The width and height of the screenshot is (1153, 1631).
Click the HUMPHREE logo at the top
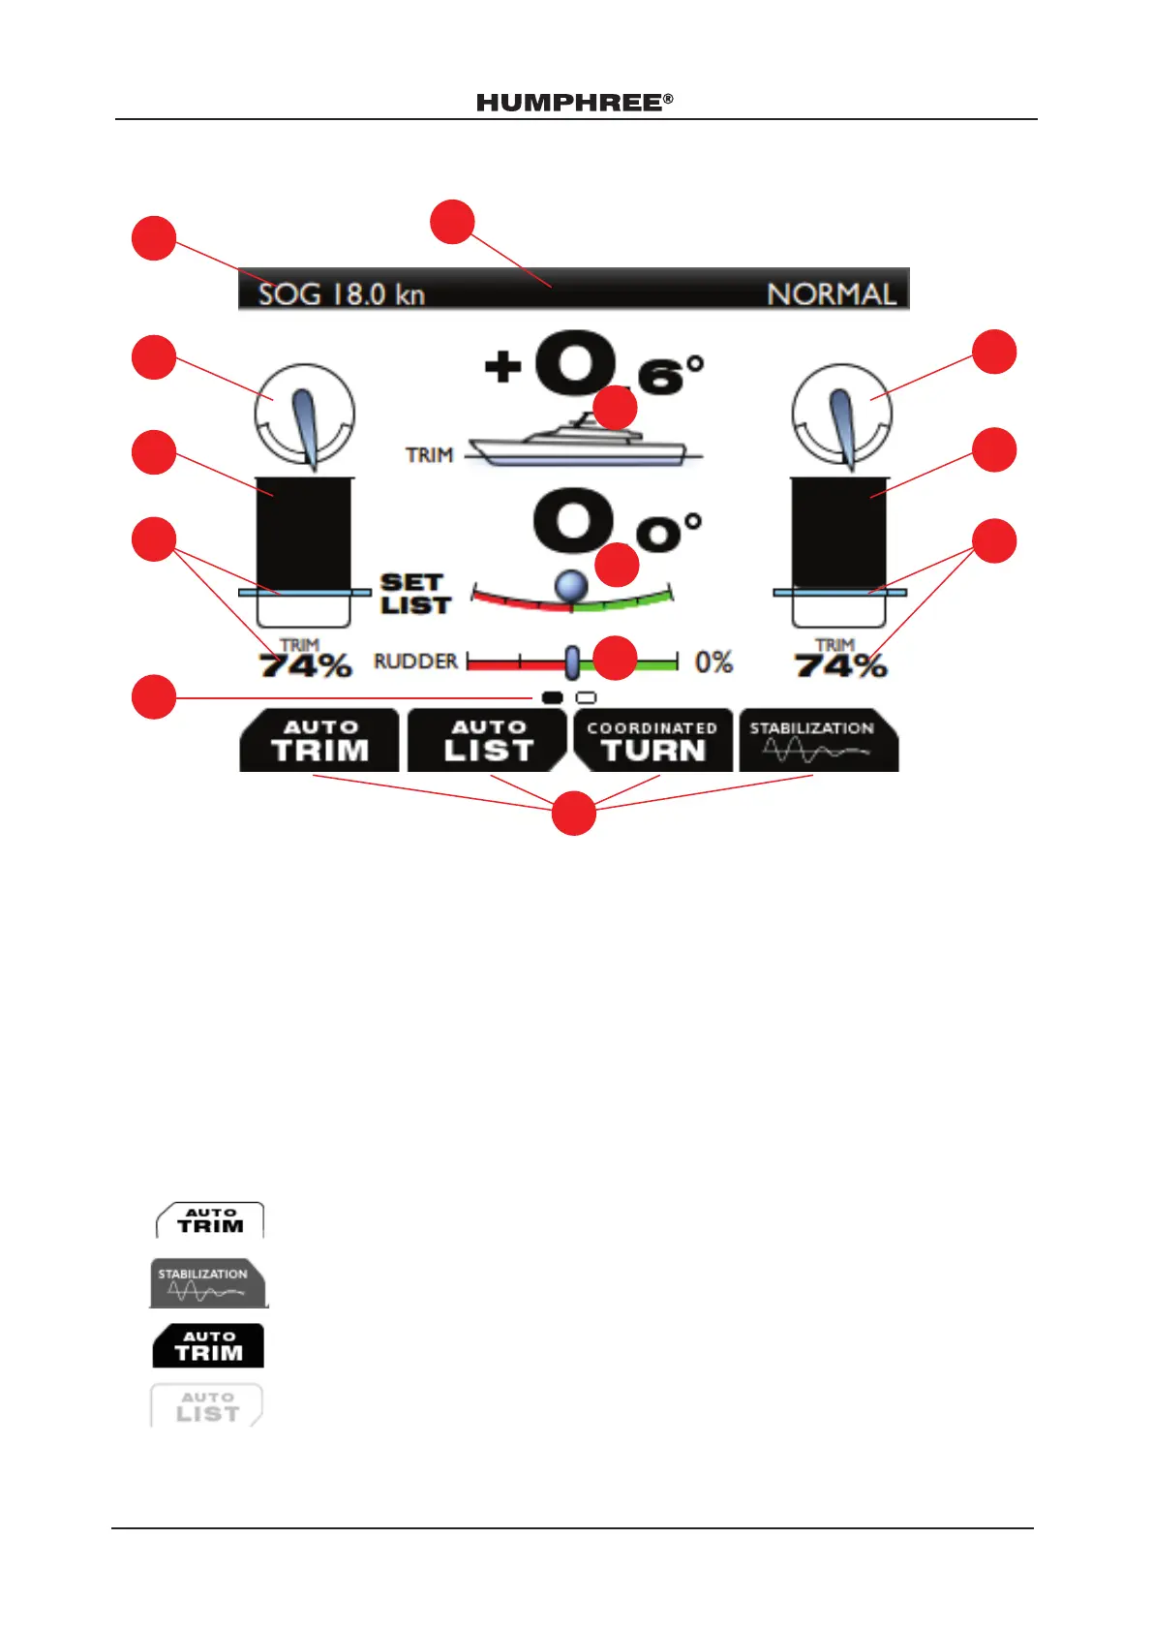point(574,103)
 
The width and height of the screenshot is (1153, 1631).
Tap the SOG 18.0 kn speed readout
point(341,293)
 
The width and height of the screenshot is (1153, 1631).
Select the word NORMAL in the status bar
point(832,293)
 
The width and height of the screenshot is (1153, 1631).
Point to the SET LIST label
point(415,594)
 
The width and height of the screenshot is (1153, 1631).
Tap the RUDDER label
point(415,662)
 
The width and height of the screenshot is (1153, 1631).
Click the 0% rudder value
point(713,662)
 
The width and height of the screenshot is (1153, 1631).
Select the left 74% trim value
point(305,665)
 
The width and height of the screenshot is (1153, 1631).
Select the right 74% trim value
point(840,665)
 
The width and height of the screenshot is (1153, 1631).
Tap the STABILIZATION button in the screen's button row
point(818,741)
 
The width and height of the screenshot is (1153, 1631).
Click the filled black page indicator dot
point(553,697)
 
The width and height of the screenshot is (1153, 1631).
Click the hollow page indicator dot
point(586,697)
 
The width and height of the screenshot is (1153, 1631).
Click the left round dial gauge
point(304,415)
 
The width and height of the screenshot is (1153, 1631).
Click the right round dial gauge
point(841,415)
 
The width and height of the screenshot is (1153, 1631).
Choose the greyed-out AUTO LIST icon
point(207,1405)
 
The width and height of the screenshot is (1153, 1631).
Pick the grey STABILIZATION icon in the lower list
point(207,1283)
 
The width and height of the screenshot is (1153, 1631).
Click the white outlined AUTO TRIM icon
point(210,1220)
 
